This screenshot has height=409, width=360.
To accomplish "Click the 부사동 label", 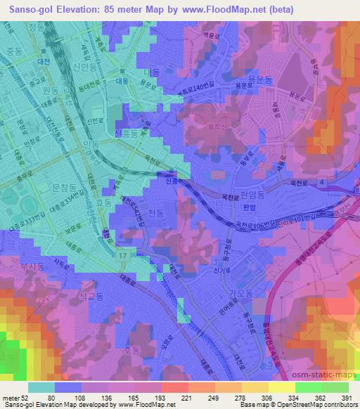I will (32, 266).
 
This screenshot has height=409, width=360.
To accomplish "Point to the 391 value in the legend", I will (347, 398).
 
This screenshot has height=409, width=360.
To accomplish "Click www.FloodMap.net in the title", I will (222, 9).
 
